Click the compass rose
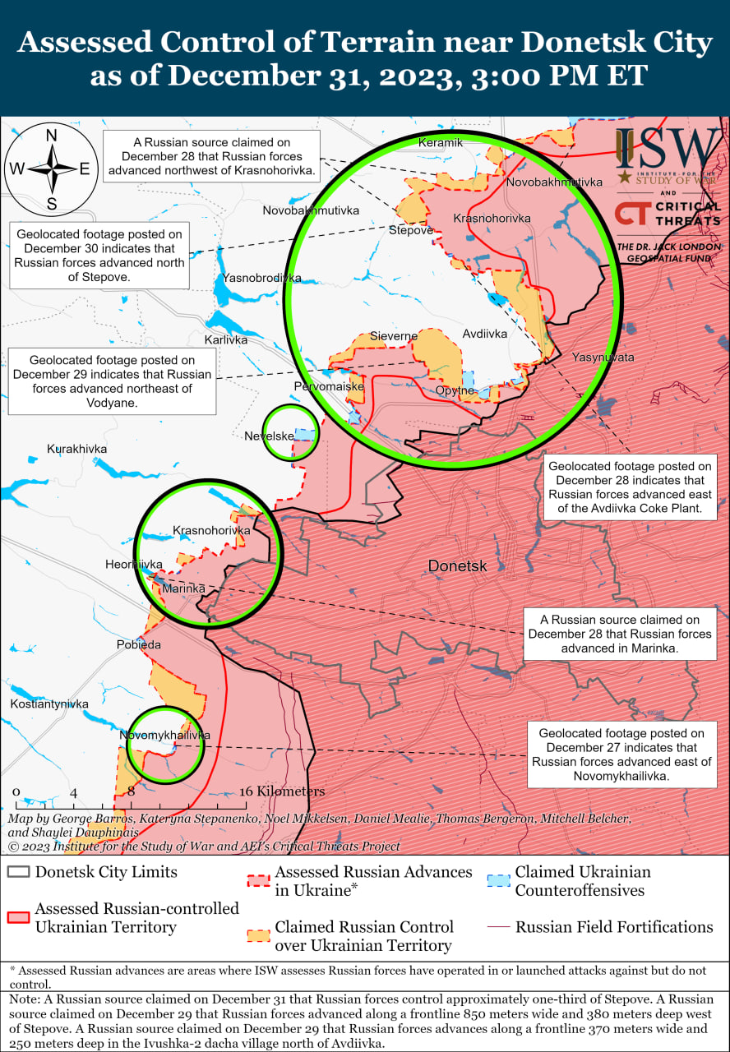[x=51, y=169]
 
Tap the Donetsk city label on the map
[x=457, y=565]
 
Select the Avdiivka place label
[x=484, y=334]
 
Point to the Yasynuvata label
[x=603, y=358]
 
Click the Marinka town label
[x=182, y=588]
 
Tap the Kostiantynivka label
[x=49, y=704]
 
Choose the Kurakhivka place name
[x=76, y=449]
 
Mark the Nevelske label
[x=269, y=436]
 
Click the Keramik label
[x=441, y=142]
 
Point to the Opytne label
[x=455, y=390]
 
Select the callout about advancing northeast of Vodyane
[x=112, y=381]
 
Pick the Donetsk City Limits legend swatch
[x=18, y=872]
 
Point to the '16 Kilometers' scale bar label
[x=282, y=791]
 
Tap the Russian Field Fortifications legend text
[x=614, y=927]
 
